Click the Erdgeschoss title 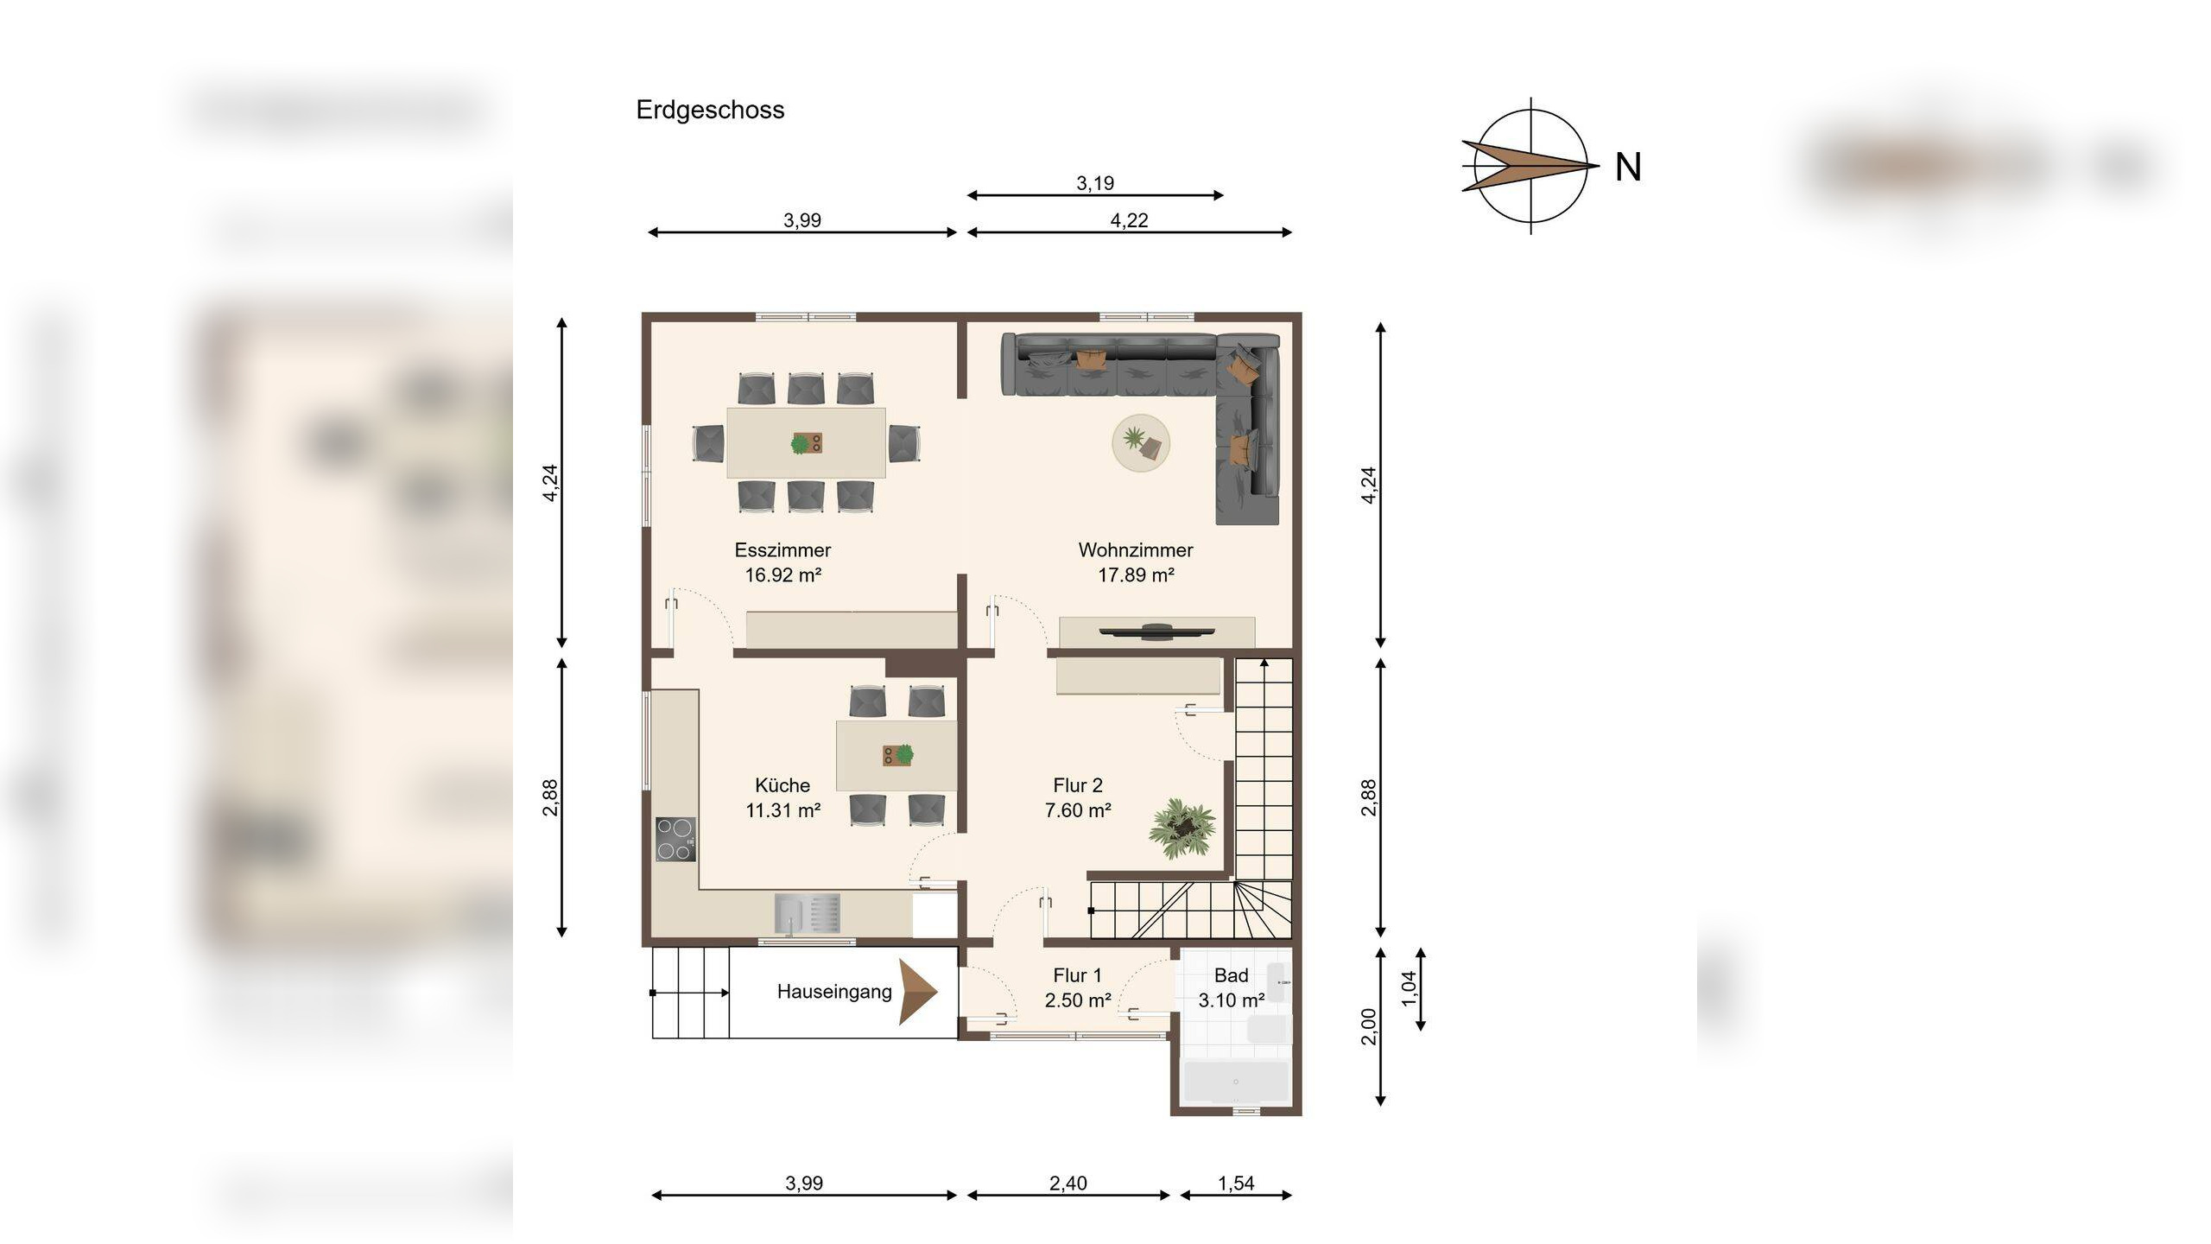coord(710,111)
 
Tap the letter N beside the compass coord(1628,167)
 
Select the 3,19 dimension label coord(1095,183)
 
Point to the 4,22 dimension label coord(1129,220)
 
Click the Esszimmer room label coord(782,550)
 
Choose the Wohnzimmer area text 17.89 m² coord(1136,574)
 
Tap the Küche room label coord(782,785)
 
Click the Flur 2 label coord(1078,785)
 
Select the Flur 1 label coord(1077,975)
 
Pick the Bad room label coord(1231,975)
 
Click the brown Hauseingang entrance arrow coord(918,992)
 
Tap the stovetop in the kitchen coord(675,840)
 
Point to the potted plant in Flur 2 coord(1182,828)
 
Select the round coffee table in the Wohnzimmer coord(1141,443)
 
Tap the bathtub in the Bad coord(1236,1082)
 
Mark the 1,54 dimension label coord(1236,1184)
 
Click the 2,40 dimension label coord(1068,1184)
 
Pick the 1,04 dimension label coord(1409,988)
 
